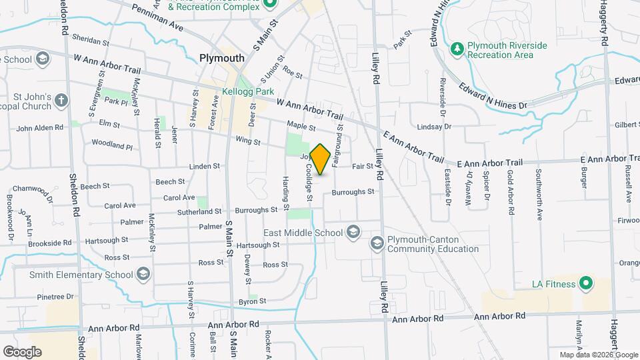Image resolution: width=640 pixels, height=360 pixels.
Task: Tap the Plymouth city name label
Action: (222, 58)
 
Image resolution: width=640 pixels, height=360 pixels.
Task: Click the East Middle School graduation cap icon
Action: (353, 233)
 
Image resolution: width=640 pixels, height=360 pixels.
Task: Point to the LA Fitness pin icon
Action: (585, 284)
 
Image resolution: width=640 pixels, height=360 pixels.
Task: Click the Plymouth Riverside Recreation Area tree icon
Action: (457, 48)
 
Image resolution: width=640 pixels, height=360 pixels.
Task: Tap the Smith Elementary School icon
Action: (143, 274)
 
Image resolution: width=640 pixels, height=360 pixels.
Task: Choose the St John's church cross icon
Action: (61, 101)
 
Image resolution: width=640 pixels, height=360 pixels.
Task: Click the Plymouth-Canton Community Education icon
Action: (377, 244)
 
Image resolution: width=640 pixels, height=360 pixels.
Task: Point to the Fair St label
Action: (361, 166)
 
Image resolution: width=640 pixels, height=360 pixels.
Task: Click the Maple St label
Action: (301, 125)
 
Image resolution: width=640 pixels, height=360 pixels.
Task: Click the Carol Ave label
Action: (179, 197)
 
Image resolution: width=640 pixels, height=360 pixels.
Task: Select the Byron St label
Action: (253, 301)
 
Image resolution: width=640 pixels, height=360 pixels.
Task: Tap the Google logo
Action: (22, 351)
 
